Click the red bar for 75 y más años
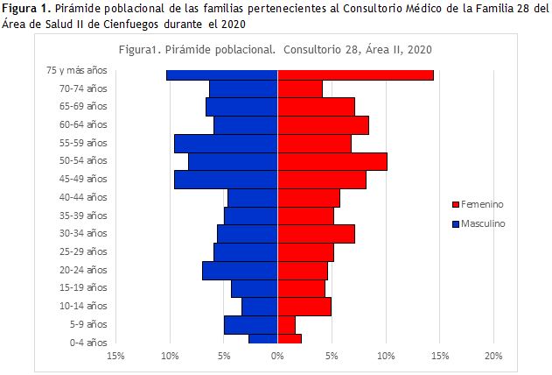pyautogui.click(x=355, y=75)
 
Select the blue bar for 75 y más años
pyautogui.click(x=222, y=75)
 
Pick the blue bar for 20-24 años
pyautogui.click(x=240, y=271)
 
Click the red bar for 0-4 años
pyautogui.click(x=290, y=339)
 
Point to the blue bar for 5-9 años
pyautogui.click(x=251, y=325)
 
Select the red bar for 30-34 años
pyautogui.click(x=316, y=234)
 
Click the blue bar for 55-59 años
pyautogui.click(x=226, y=143)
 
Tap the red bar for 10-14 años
pyautogui.click(x=304, y=307)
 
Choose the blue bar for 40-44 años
pyautogui.click(x=253, y=198)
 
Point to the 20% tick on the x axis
pyautogui.click(x=493, y=356)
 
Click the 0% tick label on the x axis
pyautogui.click(x=277, y=356)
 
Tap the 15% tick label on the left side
pyautogui.click(x=115, y=356)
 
